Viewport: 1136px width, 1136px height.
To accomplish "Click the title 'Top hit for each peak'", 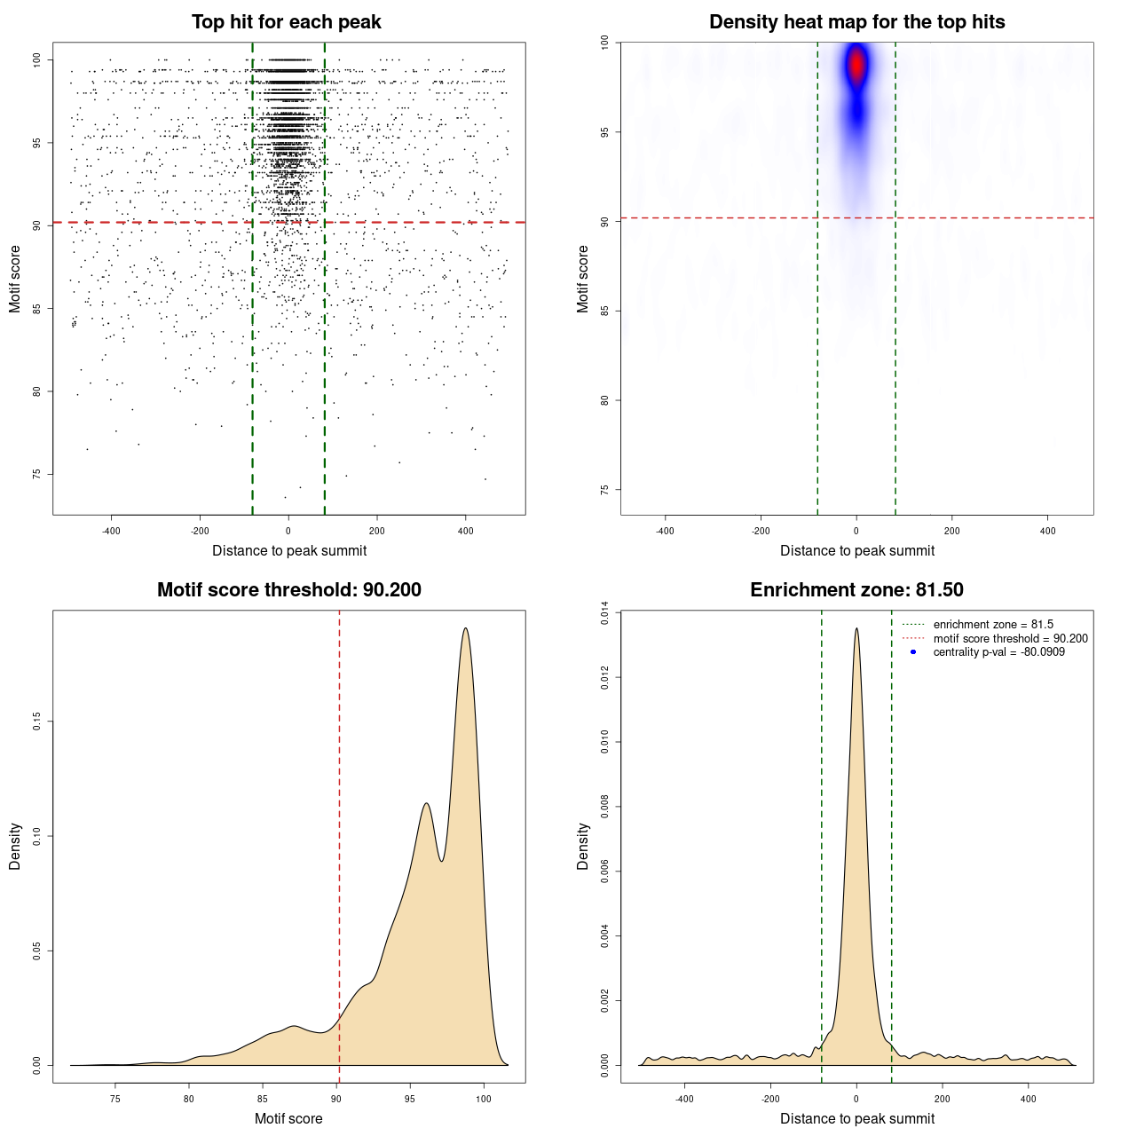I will tap(286, 22).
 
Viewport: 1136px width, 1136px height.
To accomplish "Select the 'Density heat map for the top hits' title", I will tap(856, 22).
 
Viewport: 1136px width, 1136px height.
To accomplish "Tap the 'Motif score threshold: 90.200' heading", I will tap(288, 590).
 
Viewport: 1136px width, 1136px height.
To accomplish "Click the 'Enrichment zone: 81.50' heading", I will tap(856, 590).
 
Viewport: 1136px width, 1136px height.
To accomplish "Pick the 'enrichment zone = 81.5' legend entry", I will tap(993, 625).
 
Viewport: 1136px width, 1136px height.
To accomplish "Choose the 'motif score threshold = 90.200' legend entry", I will tap(1010, 638).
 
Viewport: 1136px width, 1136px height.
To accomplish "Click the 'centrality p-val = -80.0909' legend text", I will tap(998, 652).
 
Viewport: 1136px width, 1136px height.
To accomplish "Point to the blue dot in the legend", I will tap(913, 652).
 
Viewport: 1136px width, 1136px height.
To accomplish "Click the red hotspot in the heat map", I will tap(856, 65).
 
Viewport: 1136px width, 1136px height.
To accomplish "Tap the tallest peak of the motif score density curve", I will tap(465, 628).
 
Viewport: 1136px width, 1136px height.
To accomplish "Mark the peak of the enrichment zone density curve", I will tap(856, 628).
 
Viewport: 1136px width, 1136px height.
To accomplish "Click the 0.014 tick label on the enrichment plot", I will tap(604, 613).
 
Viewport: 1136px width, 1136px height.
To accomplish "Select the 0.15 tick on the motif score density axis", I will tap(36, 722).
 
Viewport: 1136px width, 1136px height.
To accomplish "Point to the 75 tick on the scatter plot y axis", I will tap(36, 474).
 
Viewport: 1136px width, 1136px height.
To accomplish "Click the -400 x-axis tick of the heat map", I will tap(665, 531).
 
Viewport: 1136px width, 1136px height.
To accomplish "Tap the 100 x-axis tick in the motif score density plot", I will tap(483, 1099).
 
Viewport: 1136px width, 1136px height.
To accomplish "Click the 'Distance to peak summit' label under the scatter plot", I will tap(289, 551).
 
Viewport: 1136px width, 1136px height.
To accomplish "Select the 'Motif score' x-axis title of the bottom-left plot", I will tap(288, 1118).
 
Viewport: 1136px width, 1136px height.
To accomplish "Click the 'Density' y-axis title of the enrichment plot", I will tap(583, 846).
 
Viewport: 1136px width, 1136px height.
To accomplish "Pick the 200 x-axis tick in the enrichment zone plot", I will tap(943, 1099).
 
